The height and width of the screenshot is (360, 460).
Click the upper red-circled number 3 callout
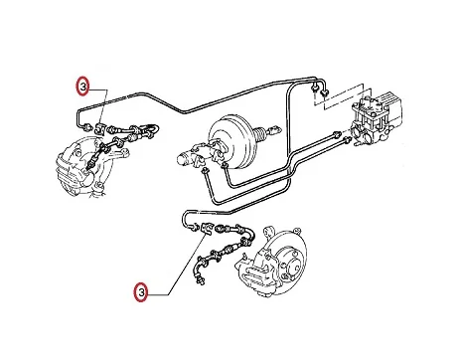click(82, 86)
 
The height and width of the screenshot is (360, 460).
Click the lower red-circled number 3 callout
click(141, 292)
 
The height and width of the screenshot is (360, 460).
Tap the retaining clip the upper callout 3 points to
click(100, 128)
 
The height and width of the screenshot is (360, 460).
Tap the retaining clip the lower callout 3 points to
click(207, 229)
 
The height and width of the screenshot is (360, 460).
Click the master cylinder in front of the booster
click(192, 158)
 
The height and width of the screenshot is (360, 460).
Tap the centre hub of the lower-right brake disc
click(293, 266)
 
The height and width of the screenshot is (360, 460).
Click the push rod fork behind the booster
click(272, 130)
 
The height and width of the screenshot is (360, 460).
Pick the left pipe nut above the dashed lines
click(314, 88)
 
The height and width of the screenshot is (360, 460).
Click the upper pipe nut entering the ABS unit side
click(336, 134)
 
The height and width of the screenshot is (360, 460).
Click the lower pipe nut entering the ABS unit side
click(346, 140)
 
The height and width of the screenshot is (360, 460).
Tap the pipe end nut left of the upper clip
click(87, 127)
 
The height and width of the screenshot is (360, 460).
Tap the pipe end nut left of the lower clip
click(194, 227)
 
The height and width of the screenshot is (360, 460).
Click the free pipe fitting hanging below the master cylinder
click(205, 170)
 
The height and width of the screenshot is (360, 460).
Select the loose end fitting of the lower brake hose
click(201, 281)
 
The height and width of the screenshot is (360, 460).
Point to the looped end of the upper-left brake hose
click(151, 128)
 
